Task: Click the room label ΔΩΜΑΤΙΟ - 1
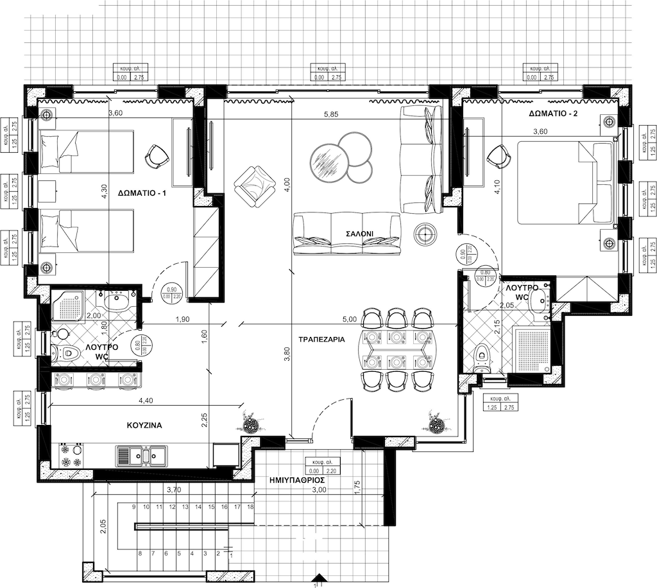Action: (x=142, y=192)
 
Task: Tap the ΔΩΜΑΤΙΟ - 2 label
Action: (x=554, y=114)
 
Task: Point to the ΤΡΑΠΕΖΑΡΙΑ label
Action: (x=322, y=338)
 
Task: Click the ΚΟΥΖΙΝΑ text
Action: (x=144, y=425)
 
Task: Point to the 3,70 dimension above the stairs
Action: (x=173, y=490)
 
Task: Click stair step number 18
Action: (x=250, y=507)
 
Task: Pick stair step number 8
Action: (x=140, y=553)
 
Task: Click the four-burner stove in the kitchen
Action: (x=71, y=455)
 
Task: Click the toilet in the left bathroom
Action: (x=64, y=351)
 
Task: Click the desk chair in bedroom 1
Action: (x=156, y=155)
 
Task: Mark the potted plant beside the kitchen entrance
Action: (x=250, y=424)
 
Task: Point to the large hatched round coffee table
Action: (x=327, y=161)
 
